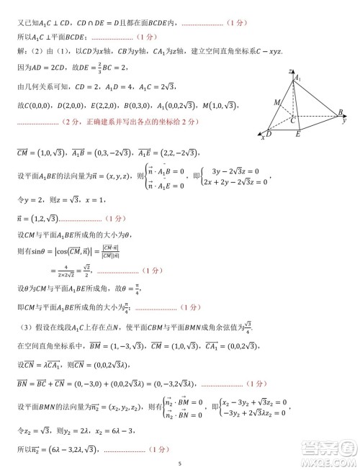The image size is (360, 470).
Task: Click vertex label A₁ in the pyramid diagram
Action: pos(297,79)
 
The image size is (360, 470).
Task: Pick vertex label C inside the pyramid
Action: pos(293,118)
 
